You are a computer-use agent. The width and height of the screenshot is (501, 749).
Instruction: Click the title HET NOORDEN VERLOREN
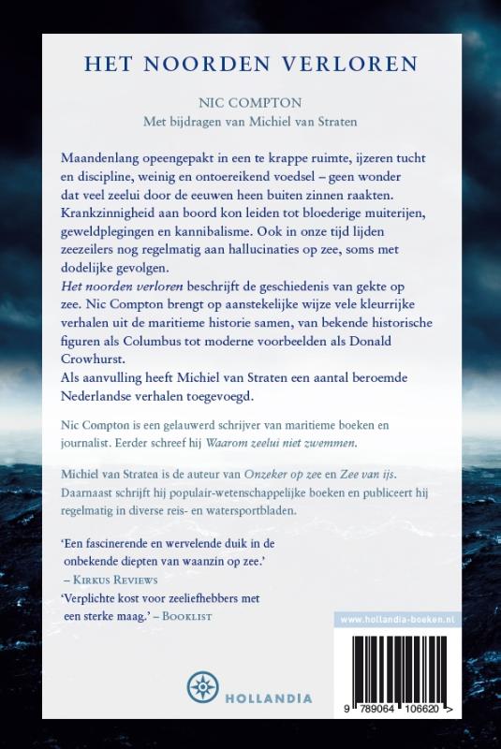[x=250, y=65]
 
